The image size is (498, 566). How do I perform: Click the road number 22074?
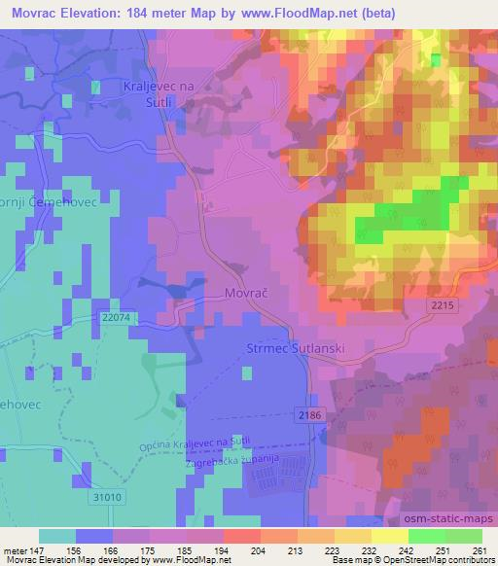click(x=115, y=317)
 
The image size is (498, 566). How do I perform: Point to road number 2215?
click(x=442, y=305)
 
